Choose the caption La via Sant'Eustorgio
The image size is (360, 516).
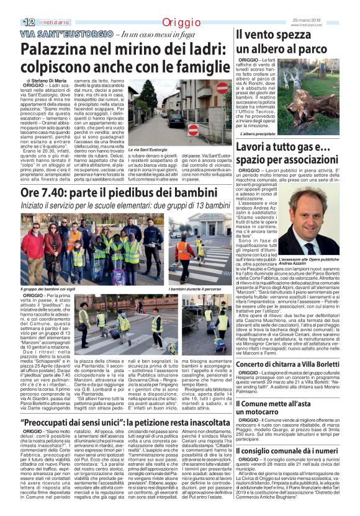(148, 150)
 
